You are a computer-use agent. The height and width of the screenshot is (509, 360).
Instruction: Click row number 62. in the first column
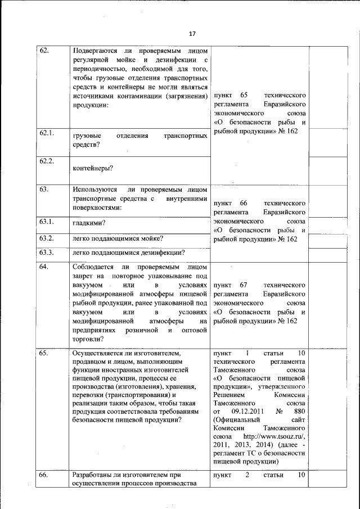click(x=45, y=51)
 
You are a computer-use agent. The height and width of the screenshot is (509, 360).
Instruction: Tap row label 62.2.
click(x=47, y=161)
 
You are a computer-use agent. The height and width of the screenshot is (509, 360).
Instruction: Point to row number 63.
click(x=45, y=190)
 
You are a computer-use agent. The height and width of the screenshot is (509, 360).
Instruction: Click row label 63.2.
click(x=47, y=238)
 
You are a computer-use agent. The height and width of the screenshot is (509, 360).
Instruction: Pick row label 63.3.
click(x=47, y=251)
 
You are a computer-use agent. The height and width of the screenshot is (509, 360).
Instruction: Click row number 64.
click(x=45, y=266)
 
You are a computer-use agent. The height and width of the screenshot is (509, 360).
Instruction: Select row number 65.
click(x=45, y=353)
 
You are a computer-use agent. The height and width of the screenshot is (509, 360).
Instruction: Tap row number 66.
click(x=45, y=475)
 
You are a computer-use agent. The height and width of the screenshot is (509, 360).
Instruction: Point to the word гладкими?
click(x=89, y=224)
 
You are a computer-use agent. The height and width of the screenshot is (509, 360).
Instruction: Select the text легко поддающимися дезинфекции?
click(x=129, y=252)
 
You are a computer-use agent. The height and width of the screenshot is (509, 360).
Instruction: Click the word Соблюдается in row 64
click(x=93, y=266)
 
